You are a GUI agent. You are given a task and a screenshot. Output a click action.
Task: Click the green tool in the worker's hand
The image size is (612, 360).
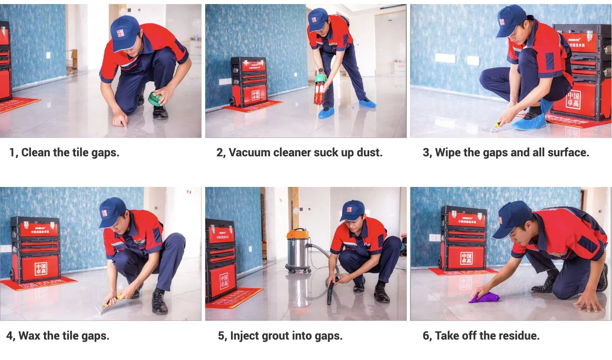point(155,99)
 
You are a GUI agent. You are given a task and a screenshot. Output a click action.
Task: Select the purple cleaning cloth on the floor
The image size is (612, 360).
point(484,298)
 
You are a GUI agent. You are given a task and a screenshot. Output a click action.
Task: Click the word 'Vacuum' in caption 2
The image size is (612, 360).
point(249,153)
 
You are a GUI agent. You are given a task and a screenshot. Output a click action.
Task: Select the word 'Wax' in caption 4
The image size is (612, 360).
point(30,336)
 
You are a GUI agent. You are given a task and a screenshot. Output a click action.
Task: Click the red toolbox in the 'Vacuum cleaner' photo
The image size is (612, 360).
point(249,82)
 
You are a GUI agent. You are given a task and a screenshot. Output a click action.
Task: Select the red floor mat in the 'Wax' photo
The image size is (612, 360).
point(39,283)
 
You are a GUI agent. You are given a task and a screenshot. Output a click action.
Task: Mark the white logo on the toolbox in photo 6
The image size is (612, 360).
point(466,258)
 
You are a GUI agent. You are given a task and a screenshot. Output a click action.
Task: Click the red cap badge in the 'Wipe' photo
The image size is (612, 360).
point(502,22)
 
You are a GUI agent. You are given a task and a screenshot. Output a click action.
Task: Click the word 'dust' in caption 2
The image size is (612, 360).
point(369,153)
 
